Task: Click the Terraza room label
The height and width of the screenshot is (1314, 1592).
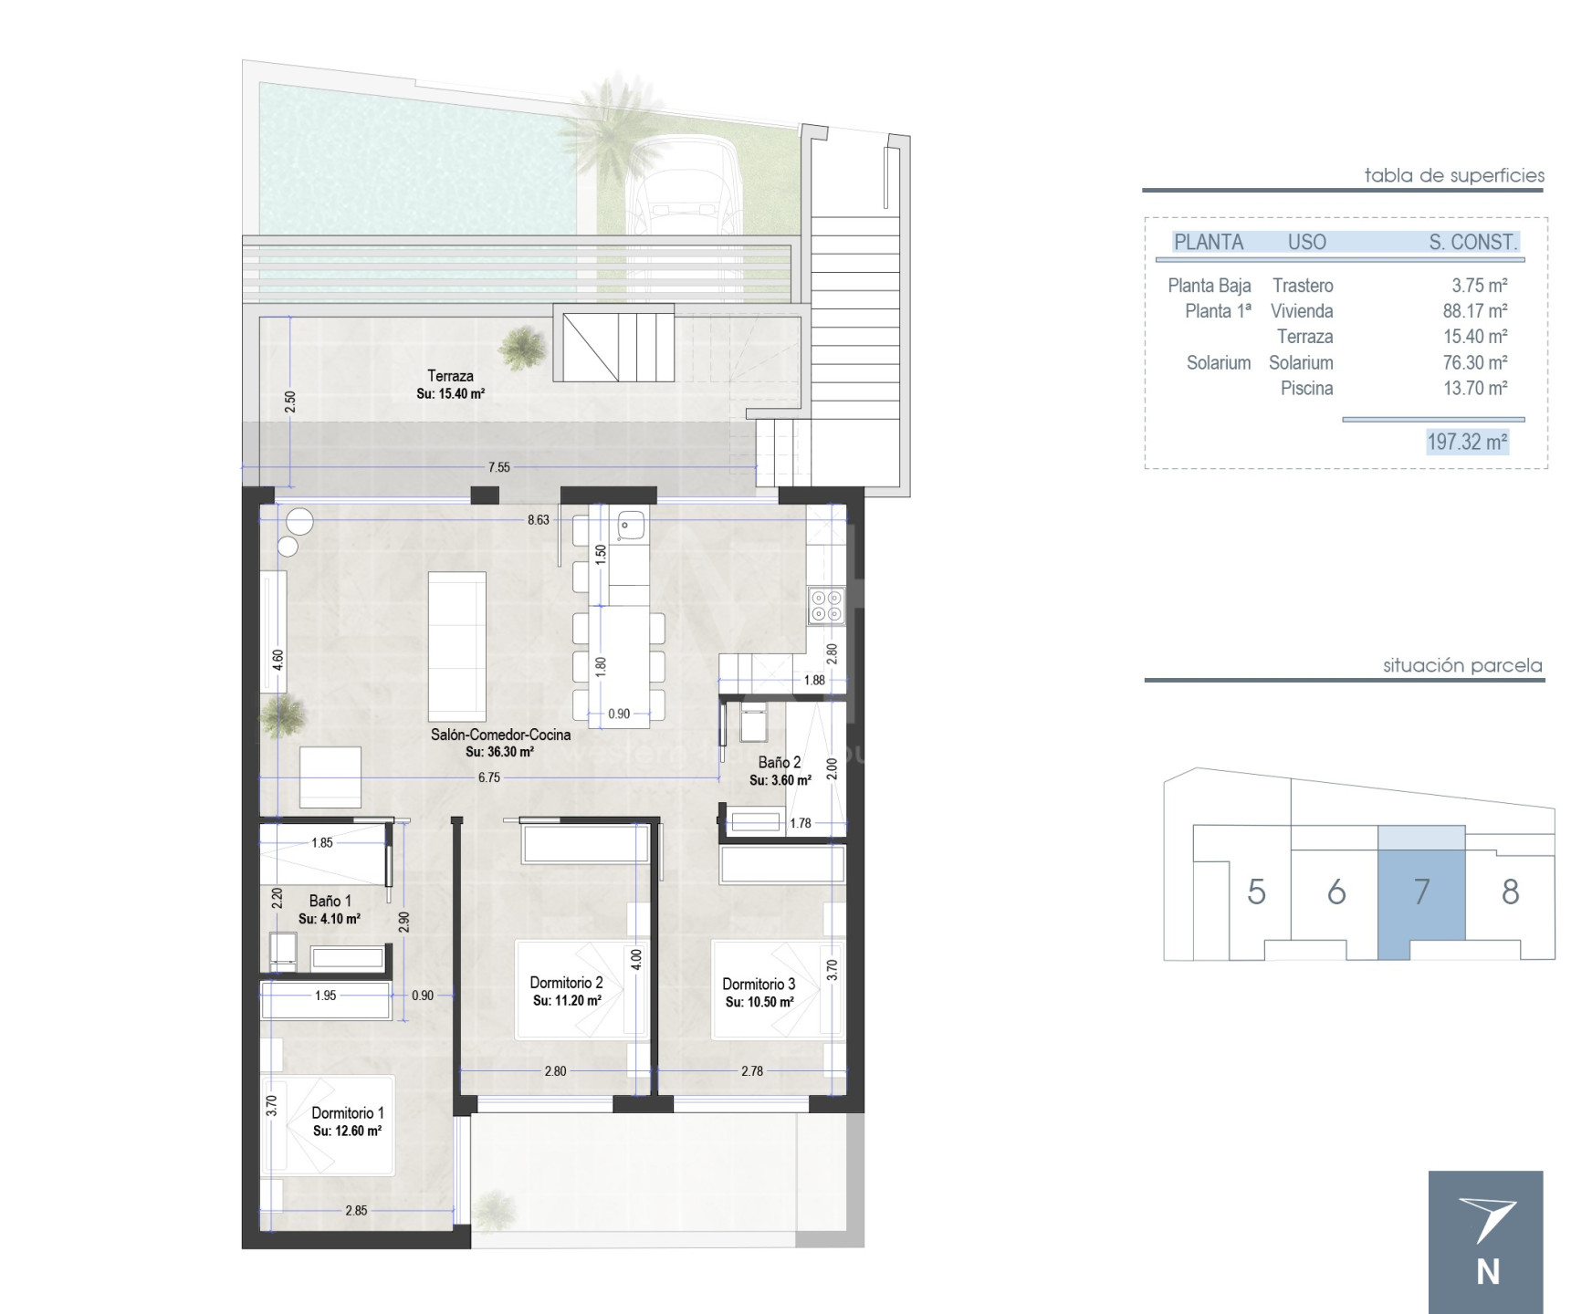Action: tap(450, 376)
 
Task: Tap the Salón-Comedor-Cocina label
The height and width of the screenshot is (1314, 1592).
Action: tap(500, 735)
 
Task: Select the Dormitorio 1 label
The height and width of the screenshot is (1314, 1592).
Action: tap(348, 1113)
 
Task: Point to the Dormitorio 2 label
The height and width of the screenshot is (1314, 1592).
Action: tap(566, 983)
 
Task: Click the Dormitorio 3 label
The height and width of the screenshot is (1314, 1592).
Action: tap(759, 984)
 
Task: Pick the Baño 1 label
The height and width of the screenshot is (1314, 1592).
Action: tap(330, 901)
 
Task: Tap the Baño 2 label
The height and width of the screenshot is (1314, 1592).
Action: tap(780, 762)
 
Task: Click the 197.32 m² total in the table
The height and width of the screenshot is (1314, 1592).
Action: tap(1467, 442)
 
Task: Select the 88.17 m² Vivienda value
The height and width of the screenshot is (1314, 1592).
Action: tap(1475, 311)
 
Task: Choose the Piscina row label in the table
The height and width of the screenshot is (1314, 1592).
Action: tap(1306, 389)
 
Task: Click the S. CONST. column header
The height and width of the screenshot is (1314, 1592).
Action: tap(1473, 242)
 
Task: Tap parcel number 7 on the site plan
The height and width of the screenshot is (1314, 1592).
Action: tap(1421, 892)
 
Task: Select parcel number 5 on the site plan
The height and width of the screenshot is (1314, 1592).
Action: tap(1256, 892)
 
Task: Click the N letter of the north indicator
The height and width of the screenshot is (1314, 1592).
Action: tap(1488, 1272)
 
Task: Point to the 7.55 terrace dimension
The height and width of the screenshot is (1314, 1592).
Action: tap(498, 467)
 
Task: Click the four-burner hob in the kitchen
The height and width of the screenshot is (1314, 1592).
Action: tap(826, 605)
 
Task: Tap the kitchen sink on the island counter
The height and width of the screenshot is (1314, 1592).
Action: tap(631, 524)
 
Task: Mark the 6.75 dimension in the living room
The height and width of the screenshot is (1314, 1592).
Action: tap(489, 777)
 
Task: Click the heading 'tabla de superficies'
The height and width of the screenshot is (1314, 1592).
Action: tap(1454, 175)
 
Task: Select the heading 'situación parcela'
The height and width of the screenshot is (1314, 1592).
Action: tap(1462, 665)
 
